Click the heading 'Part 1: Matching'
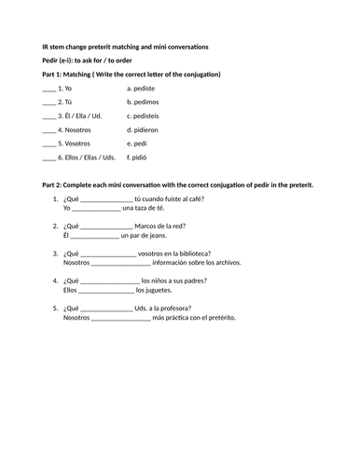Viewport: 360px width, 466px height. pyautogui.click(x=74, y=74)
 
